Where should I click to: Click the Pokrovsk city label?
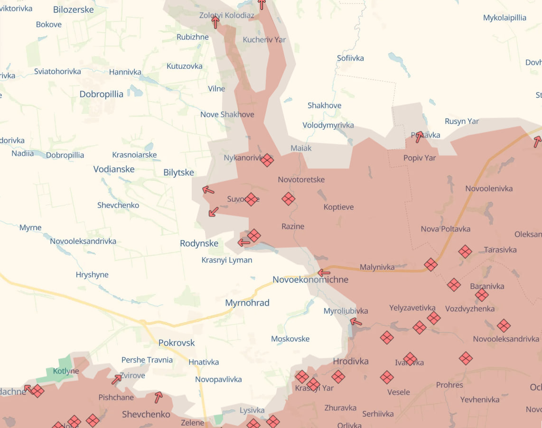[x=177, y=343]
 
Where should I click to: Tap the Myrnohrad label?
[x=247, y=303]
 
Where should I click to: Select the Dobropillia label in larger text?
[x=101, y=94]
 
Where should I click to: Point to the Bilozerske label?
[x=74, y=9]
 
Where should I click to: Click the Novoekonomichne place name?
[x=310, y=279]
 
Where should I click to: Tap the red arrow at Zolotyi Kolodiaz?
[x=215, y=22]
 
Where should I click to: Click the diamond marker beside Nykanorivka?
[x=267, y=160]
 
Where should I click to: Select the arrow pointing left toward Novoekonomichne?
[x=324, y=273]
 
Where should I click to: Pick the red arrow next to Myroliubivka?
[x=356, y=322]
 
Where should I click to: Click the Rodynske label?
[x=199, y=243]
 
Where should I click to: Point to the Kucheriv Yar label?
[x=264, y=39]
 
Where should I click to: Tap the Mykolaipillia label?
[x=505, y=18]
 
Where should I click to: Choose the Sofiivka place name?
[x=350, y=58]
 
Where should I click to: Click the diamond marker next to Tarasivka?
[x=465, y=251]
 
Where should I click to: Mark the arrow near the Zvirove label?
[x=116, y=379]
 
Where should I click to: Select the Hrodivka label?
[x=351, y=361]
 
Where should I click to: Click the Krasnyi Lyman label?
[x=227, y=260]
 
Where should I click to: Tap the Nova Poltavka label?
[x=445, y=229]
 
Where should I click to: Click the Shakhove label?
[x=324, y=105]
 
